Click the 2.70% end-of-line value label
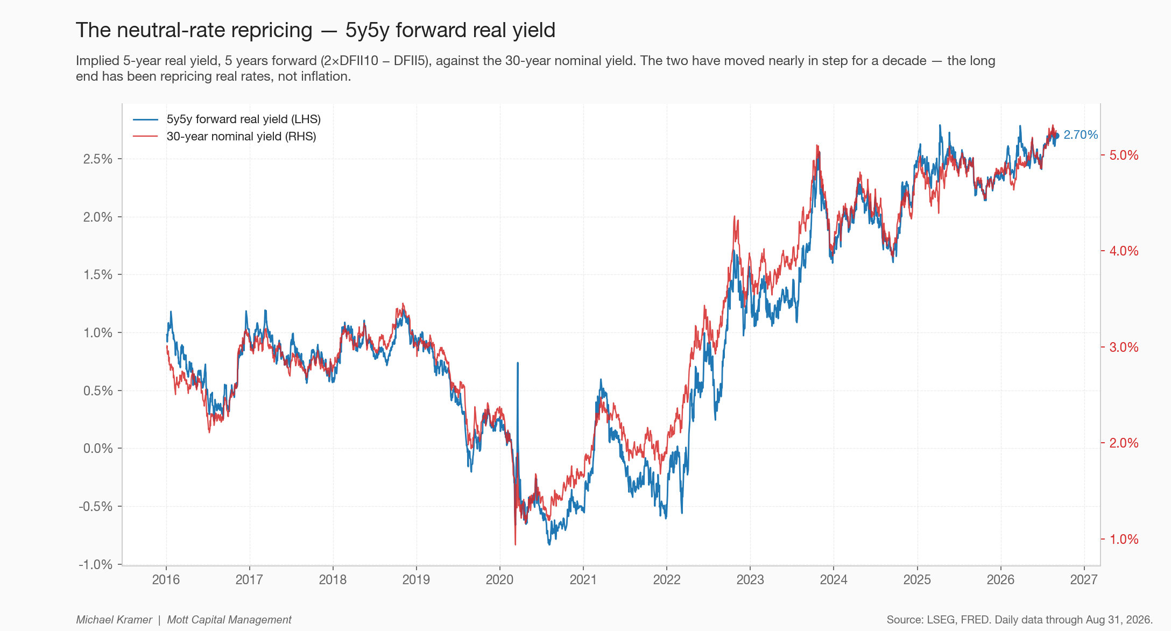(x=1081, y=135)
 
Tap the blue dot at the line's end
(x=1056, y=136)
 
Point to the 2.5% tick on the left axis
(x=98, y=159)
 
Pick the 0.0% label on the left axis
(x=98, y=449)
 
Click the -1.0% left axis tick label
(x=96, y=565)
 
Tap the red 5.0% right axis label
(x=1124, y=155)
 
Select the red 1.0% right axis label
(x=1124, y=540)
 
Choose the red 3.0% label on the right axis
(x=1124, y=348)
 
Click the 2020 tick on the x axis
(x=500, y=580)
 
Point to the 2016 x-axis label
(x=166, y=580)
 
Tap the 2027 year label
(x=1084, y=580)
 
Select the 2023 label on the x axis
(x=750, y=580)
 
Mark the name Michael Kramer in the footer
(x=114, y=620)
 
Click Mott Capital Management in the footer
(x=229, y=620)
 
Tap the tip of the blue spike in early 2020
(x=518, y=363)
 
